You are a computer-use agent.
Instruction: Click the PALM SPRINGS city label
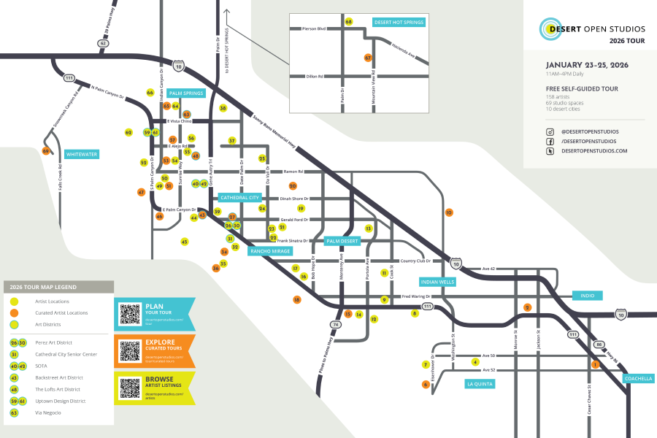pos(186,93)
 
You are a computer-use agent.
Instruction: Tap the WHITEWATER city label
pos(81,154)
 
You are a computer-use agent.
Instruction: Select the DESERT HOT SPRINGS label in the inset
pos(399,23)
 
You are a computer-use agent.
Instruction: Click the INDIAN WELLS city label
pos(437,281)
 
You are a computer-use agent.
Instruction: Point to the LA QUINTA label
pos(480,383)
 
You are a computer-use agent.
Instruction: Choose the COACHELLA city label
pos(638,379)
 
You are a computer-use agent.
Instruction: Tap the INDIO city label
pos(588,296)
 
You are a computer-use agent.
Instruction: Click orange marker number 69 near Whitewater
pos(46,151)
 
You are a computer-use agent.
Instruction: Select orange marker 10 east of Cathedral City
pos(449,212)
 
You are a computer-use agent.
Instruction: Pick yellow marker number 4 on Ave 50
pos(475,361)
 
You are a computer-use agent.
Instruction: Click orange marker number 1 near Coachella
pos(595,364)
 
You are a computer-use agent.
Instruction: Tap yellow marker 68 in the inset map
pos(349,22)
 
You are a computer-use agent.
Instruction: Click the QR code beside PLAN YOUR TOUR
pos(130,314)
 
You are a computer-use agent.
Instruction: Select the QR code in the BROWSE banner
pos(130,388)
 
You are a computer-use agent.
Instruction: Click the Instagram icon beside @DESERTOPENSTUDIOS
pos(550,131)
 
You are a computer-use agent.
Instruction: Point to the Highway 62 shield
pos(103,44)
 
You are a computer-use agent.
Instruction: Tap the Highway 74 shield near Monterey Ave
pos(336,324)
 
